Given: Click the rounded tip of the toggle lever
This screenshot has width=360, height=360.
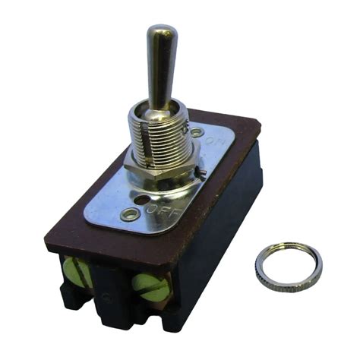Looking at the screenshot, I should [161, 34].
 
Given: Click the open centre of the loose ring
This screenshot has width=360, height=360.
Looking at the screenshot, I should [288, 265].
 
